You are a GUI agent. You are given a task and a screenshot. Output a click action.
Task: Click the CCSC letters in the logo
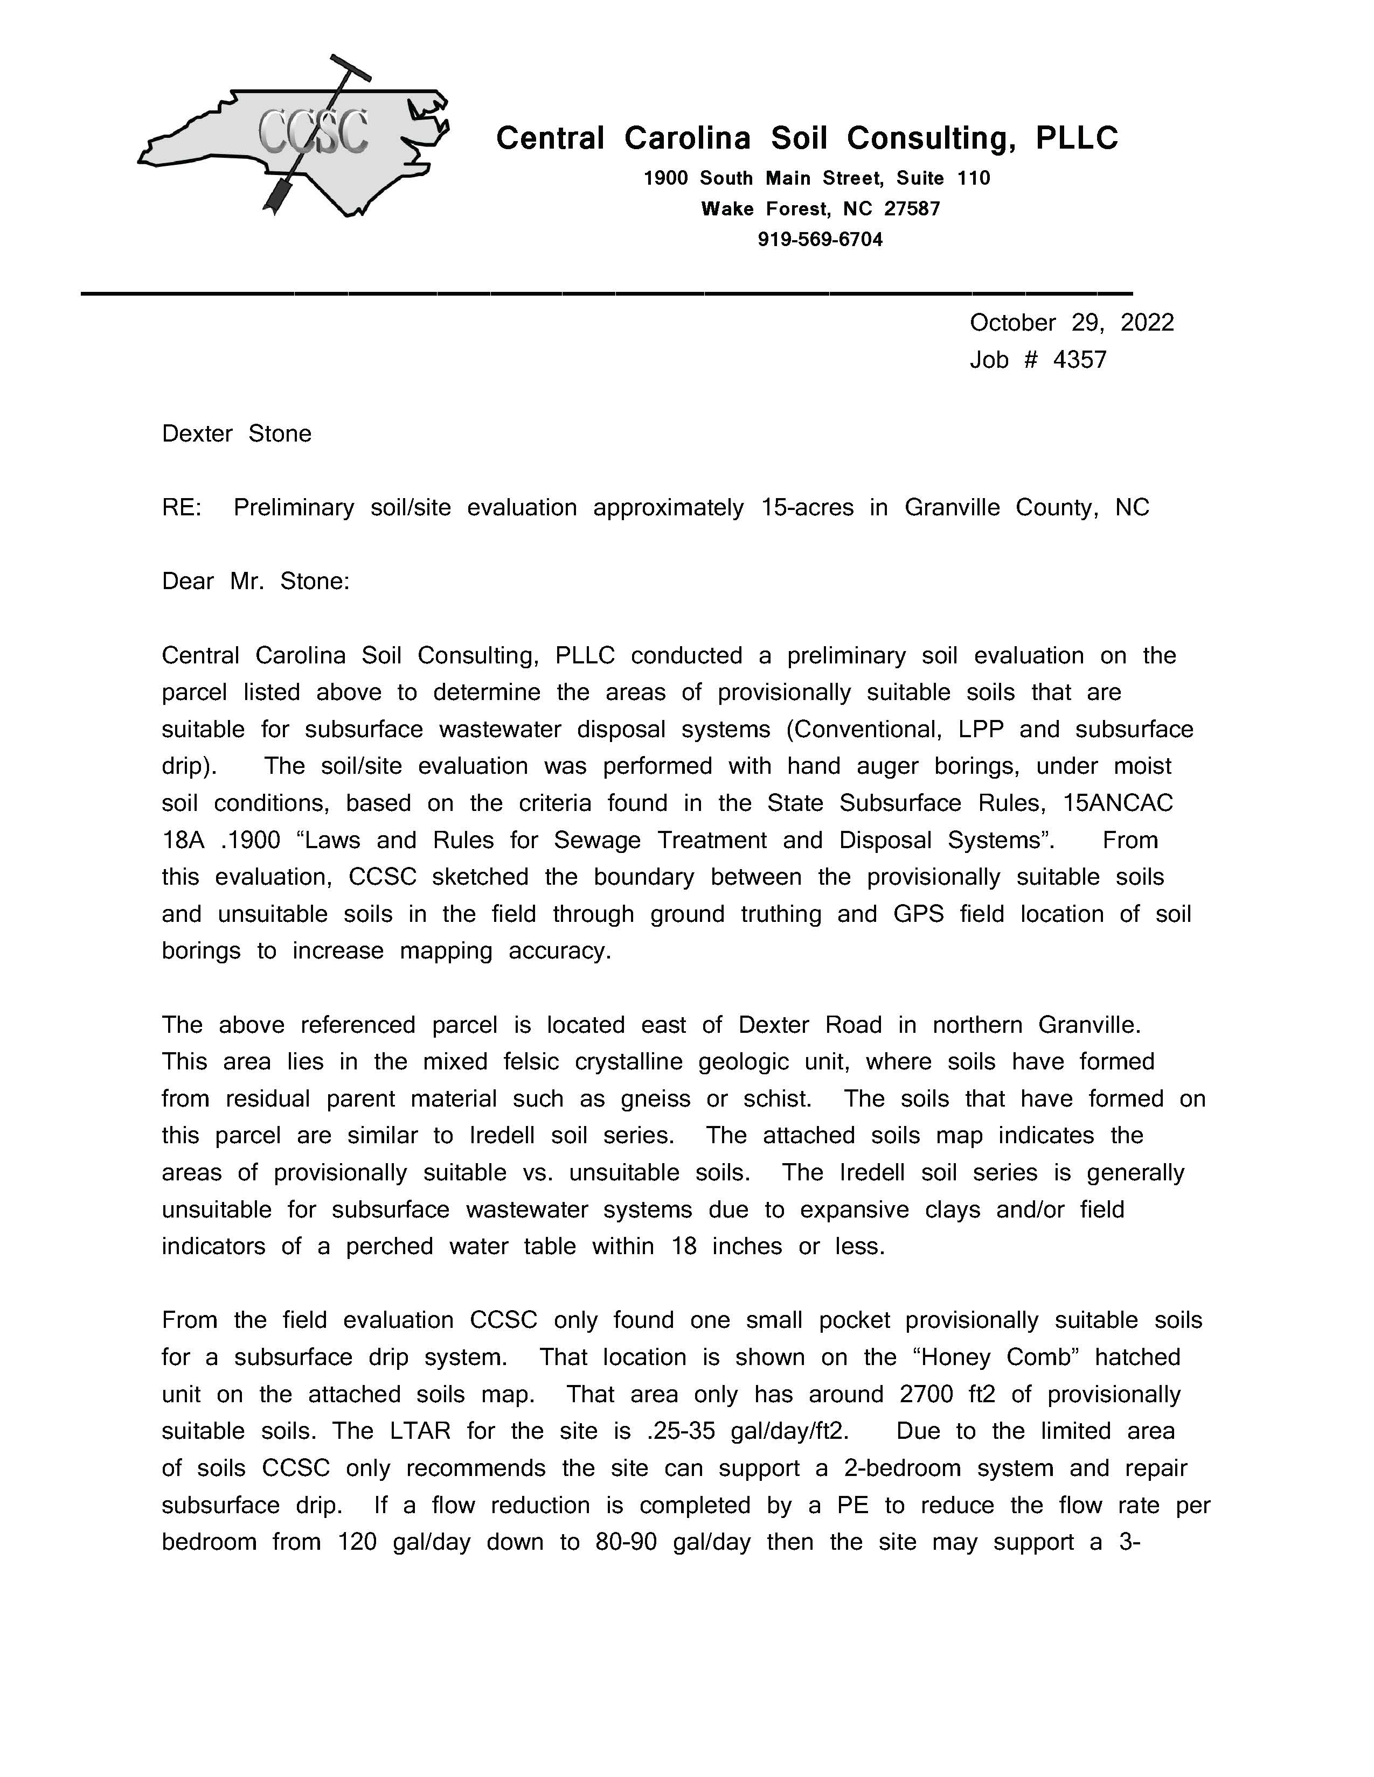click(x=314, y=132)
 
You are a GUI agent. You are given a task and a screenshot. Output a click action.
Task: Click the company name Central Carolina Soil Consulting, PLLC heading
click(x=807, y=138)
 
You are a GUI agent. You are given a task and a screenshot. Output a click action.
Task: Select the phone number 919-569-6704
click(x=820, y=239)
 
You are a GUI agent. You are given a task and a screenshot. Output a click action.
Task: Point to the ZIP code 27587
click(x=912, y=209)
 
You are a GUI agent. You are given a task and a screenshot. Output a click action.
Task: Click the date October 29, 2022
click(x=1071, y=323)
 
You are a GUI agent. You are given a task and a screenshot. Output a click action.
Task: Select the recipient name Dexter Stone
click(x=236, y=433)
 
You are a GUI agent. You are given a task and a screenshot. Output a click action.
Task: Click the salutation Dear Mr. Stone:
click(x=255, y=582)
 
